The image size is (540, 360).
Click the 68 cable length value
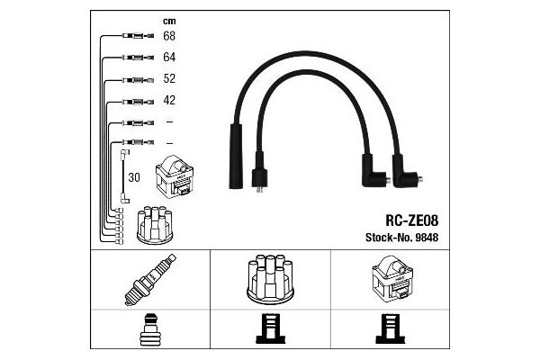(x=169, y=36)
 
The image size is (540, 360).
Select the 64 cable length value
(x=169, y=58)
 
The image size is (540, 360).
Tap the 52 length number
(x=169, y=78)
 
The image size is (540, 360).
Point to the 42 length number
(x=169, y=100)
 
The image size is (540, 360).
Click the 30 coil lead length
(x=134, y=177)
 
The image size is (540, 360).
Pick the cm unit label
(x=169, y=22)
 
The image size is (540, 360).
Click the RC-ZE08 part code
(x=412, y=220)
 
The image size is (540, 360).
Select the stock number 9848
(x=427, y=238)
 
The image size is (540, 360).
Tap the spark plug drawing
(x=150, y=280)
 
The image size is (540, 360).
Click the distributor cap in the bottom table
(x=270, y=280)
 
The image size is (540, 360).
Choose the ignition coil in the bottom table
(x=392, y=279)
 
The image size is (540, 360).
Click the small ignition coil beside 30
(x=175, y=176)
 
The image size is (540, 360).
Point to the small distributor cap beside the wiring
(x=155, y=225)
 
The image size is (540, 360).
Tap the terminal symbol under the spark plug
(x=149, y=329)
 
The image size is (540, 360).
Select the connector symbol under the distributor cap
(x=270, y=328)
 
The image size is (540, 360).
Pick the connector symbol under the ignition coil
(x=391, y=328)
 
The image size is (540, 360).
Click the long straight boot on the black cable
(x=236, y=157)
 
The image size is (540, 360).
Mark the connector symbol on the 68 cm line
(x=138, y=35)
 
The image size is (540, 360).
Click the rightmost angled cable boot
(x=408, y=171)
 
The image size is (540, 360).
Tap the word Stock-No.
(x=389, y=238)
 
